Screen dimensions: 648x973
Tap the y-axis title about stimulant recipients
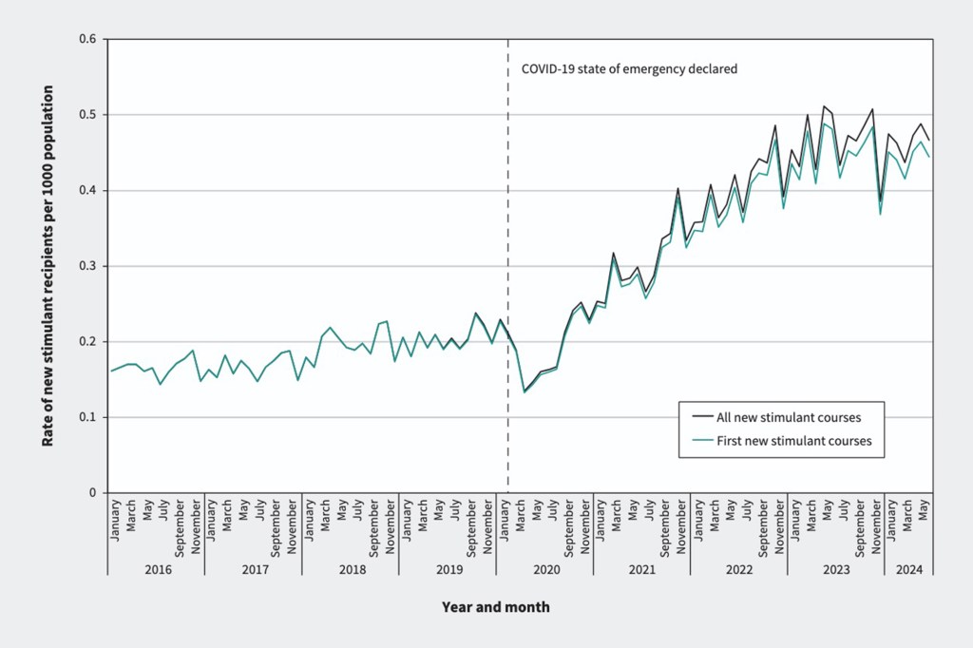(48, 266)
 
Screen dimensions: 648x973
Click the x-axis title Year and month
(495, 606)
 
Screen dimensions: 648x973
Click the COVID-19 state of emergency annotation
(629, 69)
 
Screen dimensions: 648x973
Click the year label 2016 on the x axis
(156, 569)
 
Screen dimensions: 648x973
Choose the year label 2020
(544, 569)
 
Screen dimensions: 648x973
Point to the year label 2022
(738, 569)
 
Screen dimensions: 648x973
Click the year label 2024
(908, 569)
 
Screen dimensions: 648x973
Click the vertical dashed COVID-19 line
(507, 285)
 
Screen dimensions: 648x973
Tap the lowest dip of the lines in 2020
(525, 391)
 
